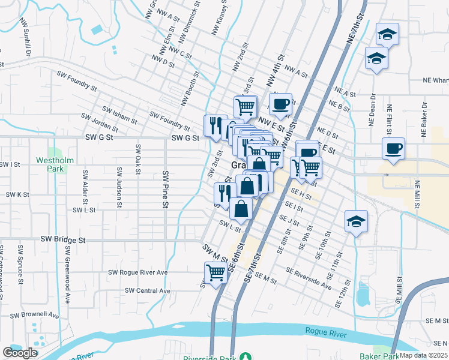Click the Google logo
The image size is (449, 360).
tap(20, 353)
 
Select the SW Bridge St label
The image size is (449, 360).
tap(63, 239)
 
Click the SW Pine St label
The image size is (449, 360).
tap(165, 188)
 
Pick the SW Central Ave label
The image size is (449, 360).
tap(148, 291)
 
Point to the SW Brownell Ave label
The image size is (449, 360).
tap(34, 314)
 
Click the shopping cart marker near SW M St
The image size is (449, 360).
tap(215, 272)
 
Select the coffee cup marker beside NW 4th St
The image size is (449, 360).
tap(280, 104)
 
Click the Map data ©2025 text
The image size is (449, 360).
tap(424, 355)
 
